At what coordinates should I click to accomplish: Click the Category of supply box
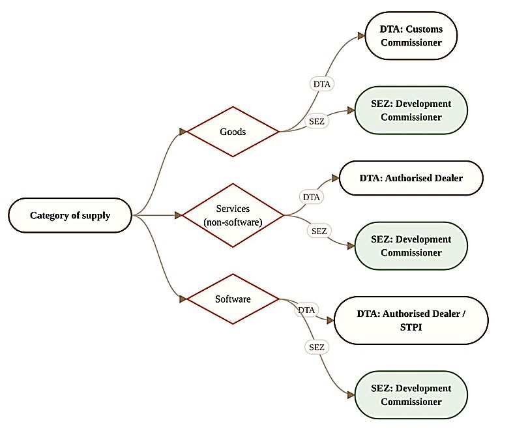tap(70, 215)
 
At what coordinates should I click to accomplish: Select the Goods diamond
tap(233, 132)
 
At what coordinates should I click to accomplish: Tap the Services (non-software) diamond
tap(233, 215)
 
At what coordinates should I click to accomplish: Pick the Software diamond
tap(233, 299)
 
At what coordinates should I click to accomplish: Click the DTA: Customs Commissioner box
tap(411, 36)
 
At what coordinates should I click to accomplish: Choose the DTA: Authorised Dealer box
tap(411, 178)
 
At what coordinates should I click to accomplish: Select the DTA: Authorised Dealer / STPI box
tap(411, 320)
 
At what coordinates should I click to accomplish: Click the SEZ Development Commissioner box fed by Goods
tap(411, 110)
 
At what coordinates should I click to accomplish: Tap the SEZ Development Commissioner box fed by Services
tap(411, 246)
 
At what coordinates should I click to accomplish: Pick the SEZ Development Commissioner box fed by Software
tap(411, 394)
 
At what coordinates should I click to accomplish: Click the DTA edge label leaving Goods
tap(321, 84)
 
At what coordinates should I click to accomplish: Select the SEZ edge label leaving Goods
tap(317, 121)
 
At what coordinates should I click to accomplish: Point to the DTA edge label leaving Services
tap(311, 197)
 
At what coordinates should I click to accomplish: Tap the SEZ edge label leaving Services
tap(319, 231)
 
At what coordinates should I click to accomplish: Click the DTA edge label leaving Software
tap(306, 310)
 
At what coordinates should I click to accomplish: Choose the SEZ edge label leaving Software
tap(317, 347)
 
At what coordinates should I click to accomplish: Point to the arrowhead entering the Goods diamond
tap(183, 132)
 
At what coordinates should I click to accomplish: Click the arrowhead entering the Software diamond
tap(183, 299)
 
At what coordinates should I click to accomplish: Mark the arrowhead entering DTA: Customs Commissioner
tap(361, 36)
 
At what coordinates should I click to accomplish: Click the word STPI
tap(411, 327)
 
